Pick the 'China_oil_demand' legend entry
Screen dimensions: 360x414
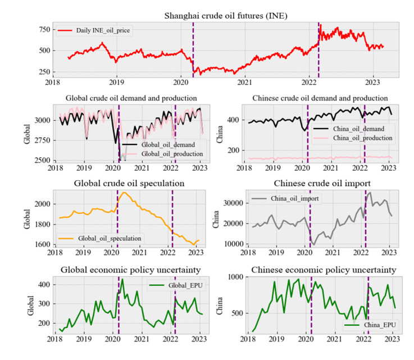click(355, 129)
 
